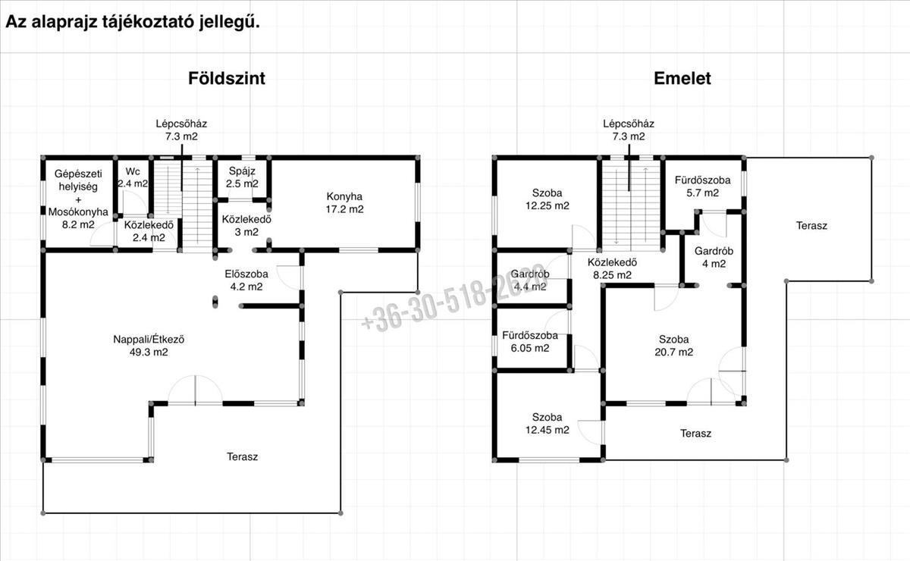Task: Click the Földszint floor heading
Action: click(x=226, y=78)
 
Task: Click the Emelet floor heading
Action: click(x=682, y=78)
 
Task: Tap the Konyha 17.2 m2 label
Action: click(x=344, y=202)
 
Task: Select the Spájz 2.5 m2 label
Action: click(x=242, y=177)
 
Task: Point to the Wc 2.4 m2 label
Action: click(x=133, y=177)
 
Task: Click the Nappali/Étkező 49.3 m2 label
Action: click(x=149, y=345)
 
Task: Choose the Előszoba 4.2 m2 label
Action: click(x=246, y=280)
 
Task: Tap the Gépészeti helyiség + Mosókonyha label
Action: click(x=78, y=199)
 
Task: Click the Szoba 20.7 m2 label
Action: click(x=673, y=345)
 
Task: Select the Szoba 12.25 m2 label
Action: click(x=548, y=199)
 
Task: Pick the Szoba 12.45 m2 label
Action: click(x=548, y=423)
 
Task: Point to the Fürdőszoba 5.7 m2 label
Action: click(x=702, y=186)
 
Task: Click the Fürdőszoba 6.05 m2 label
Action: click(x=530, y=342)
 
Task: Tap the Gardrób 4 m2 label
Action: click(x=714, y=257)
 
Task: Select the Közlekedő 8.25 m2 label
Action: click(x=612, y=268)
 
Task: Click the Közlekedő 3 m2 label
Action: click(x=246, y=225)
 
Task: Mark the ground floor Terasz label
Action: click(x=242, y=456)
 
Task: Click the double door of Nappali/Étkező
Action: click(x=195, y=390)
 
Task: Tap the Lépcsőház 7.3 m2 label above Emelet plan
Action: click(x=629, y=130)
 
